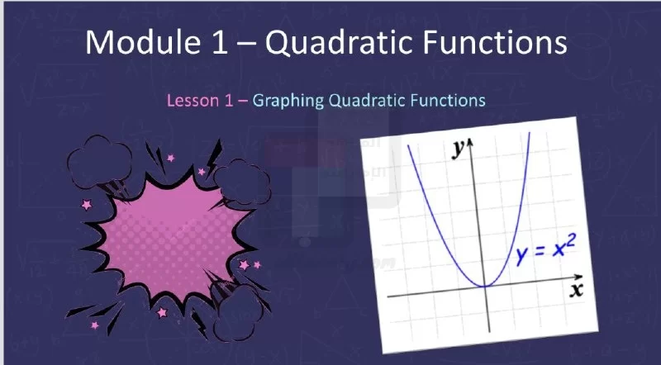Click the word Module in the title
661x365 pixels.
[142, 42]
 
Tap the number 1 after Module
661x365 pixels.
[219, 43]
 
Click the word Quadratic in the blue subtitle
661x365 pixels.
[367, 100]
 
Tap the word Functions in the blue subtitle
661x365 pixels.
[448, 100]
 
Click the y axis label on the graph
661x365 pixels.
[458, 149]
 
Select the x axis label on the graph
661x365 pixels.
[576, 291]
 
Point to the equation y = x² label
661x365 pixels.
[546, 250]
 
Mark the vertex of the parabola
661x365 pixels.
[485, 287]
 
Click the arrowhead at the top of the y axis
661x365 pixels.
[470, 143]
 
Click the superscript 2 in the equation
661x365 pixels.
[570, 242]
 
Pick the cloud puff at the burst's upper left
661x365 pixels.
[99, 163]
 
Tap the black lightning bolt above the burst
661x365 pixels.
[214, 157]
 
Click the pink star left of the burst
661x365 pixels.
[87, 205]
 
